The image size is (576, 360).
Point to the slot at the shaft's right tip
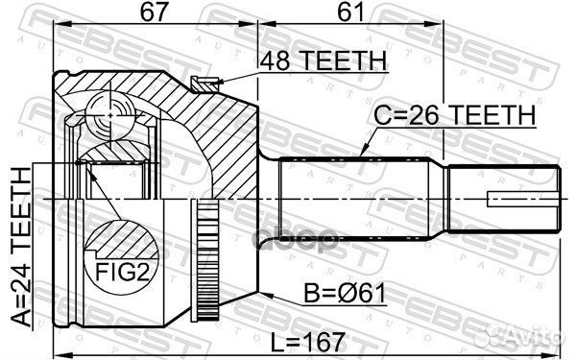pyautogui.click(x=523, y=201)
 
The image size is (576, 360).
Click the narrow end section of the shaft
pyautogui.click(x=504, y=201)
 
